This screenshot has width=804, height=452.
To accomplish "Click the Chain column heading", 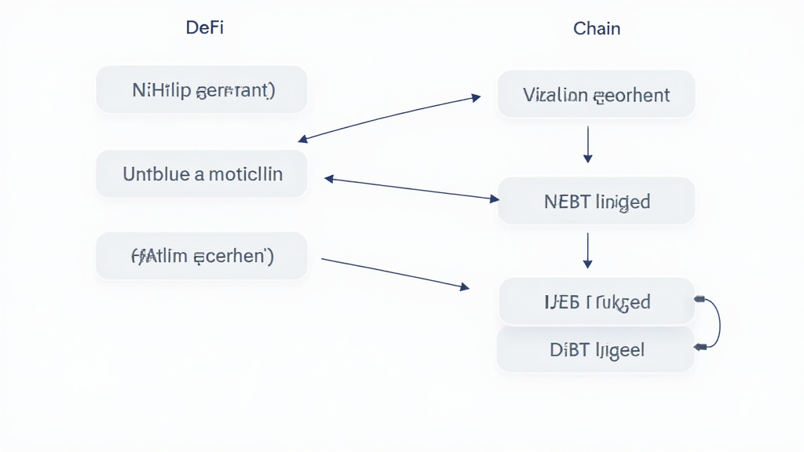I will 597,29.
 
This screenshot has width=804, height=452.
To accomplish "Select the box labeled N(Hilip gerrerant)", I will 202,89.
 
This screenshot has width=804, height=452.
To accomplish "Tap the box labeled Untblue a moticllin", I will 202,173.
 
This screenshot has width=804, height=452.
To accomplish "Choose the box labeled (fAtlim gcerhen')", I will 202,256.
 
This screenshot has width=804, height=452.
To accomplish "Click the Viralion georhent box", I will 596,95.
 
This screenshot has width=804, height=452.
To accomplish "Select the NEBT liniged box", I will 596,201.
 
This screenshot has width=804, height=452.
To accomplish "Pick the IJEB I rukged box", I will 596,301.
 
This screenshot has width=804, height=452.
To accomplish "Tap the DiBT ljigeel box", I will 596,349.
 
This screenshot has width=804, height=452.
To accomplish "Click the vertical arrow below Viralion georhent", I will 588,144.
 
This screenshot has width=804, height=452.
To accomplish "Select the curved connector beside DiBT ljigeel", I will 716,323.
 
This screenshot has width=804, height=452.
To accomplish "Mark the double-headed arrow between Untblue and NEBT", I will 411,189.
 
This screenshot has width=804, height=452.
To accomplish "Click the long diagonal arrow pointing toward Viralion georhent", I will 389,119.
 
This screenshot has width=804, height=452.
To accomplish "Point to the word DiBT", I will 569,349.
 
